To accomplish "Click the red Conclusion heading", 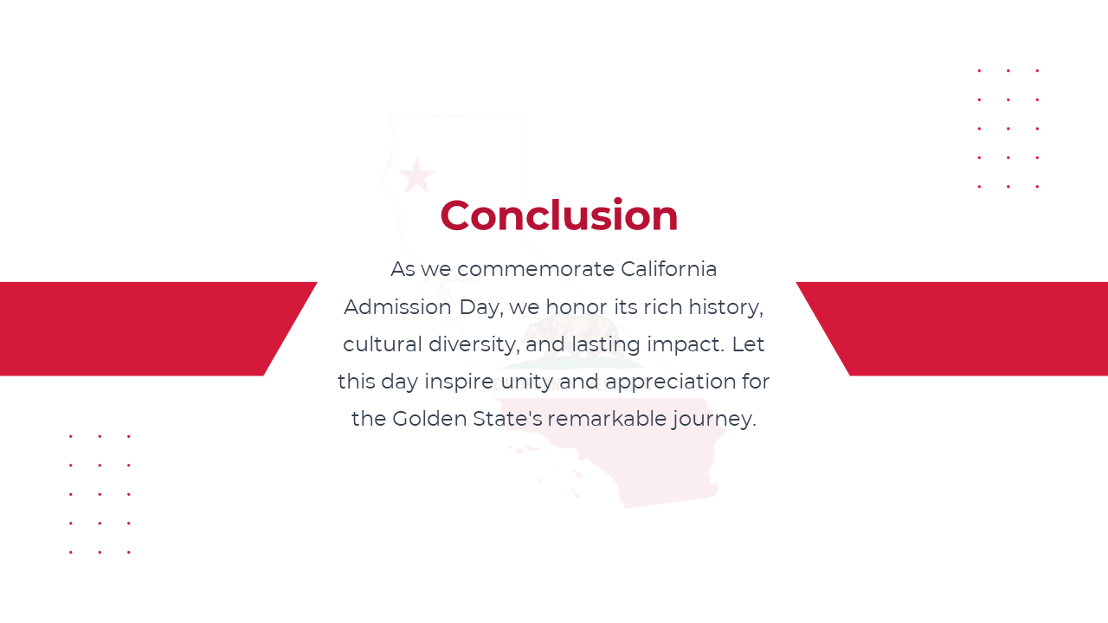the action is (559, 215).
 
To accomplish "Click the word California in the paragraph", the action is (669, 269).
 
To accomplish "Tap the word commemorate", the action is (536, 270).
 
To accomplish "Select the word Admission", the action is (397, 307).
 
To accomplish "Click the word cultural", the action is (383, 344).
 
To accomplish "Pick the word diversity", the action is (473, 345).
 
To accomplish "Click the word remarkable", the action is (608, 419).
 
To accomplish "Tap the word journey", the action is (714, 420).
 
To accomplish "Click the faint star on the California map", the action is (417, 176).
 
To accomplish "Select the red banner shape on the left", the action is (148, 329).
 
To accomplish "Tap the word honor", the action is (577, 307).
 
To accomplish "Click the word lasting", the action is (606, 345).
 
